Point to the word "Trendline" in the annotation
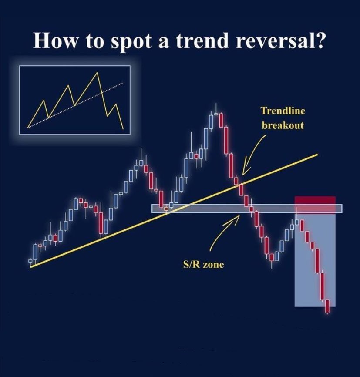[x=283, y=111]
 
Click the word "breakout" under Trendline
[x=283, y=125]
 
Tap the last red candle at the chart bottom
[x=328, y=306]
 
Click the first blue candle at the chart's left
[x=35, y=252]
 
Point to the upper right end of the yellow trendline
[x=317, y=154]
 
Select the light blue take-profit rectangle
[x=315, y=261]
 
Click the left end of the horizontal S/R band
[x=153, y=209]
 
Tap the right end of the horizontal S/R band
[x=341, y=209]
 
